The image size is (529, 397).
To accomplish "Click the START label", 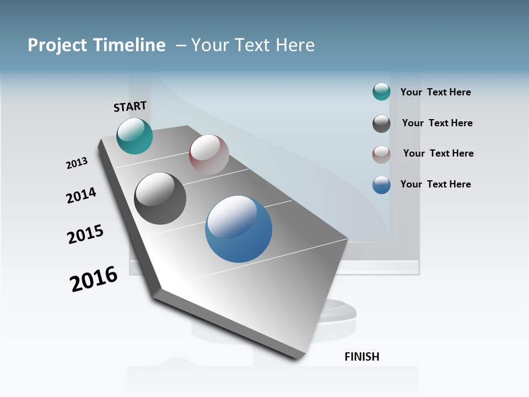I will click(130, 106).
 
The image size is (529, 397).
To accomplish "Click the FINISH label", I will click(361, 357).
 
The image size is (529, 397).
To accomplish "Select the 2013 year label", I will click(77, 163).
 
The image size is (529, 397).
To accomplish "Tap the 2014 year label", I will click(81, 195).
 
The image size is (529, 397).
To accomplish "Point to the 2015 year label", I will click(85, 234).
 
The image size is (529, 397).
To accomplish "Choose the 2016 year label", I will click(94, 278).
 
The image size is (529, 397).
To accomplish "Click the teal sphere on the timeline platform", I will click(134, 136).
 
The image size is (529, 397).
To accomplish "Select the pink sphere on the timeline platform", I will click(209, 154).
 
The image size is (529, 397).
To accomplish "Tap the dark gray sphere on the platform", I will click(160, 198).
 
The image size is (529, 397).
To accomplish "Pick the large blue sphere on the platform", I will click(239, 229).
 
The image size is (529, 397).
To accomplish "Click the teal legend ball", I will click(381, 92).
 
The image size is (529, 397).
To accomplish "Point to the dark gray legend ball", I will click(381, 124).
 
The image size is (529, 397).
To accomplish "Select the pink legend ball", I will click(381, 154).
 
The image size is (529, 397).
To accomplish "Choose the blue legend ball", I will click(381, 185).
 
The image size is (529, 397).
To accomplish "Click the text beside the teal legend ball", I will click(435, 92).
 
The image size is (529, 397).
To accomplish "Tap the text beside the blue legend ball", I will click(435, 184).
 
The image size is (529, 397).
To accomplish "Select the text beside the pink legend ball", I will click(438, 153).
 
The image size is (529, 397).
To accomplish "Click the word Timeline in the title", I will click(129, 45).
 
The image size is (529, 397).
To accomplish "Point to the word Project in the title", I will click(57, 45).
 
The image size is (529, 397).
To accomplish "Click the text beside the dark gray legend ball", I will click(437, 123).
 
